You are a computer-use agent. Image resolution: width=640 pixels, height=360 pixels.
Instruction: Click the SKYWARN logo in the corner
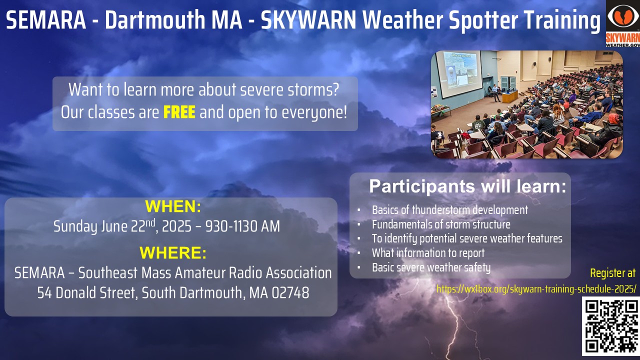(623, 23)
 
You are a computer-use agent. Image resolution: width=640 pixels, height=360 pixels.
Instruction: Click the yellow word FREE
(179, 112)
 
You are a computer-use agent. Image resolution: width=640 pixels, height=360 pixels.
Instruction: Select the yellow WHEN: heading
(173, 206)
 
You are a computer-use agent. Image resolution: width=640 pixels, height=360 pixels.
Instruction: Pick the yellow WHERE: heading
(173, 253)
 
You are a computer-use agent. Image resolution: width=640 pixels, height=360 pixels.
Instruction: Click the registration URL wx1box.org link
(536, 289)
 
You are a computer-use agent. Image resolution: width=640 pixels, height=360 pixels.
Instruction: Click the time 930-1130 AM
(242, 226)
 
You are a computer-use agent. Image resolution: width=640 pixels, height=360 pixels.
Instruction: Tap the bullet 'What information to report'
(428, 253)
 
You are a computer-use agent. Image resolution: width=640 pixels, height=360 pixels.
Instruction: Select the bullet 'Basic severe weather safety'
(431, 267)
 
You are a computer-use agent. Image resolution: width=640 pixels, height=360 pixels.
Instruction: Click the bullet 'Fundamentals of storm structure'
(441, 224)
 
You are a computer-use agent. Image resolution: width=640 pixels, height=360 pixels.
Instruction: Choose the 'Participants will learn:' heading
(467, 186)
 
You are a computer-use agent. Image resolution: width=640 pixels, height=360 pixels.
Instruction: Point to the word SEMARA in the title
(46, 19)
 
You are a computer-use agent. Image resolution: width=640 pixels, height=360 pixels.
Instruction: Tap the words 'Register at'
(613, 273)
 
